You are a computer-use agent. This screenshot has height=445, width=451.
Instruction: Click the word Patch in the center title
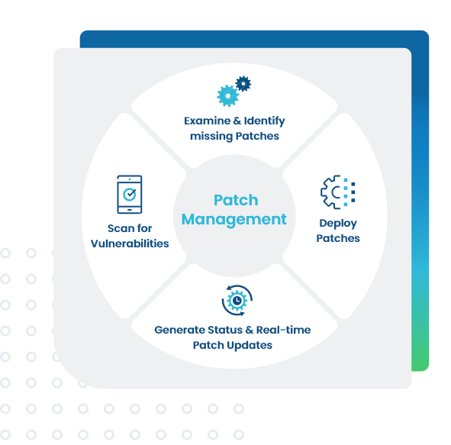236,200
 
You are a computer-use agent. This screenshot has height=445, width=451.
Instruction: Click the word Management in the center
234,220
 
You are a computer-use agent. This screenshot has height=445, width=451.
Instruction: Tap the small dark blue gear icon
243,84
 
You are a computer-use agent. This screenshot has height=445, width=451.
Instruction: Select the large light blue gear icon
228,95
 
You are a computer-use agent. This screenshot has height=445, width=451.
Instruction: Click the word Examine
208,121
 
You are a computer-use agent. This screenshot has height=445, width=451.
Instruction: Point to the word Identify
264,121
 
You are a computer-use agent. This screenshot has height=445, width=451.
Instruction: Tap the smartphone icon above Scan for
130,195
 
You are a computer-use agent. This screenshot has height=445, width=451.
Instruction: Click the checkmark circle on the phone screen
130,194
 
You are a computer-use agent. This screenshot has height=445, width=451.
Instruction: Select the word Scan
121,228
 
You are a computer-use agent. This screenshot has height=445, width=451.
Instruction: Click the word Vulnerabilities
130,243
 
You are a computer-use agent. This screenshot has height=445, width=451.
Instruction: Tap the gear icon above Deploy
338,192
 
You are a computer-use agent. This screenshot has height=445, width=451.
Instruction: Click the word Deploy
338,224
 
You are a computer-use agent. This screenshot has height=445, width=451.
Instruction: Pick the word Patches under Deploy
338,238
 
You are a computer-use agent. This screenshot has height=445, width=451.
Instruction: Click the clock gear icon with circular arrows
237,300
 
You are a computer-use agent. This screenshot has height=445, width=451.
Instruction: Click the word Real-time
283,330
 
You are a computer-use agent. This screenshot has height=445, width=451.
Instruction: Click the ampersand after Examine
237,121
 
